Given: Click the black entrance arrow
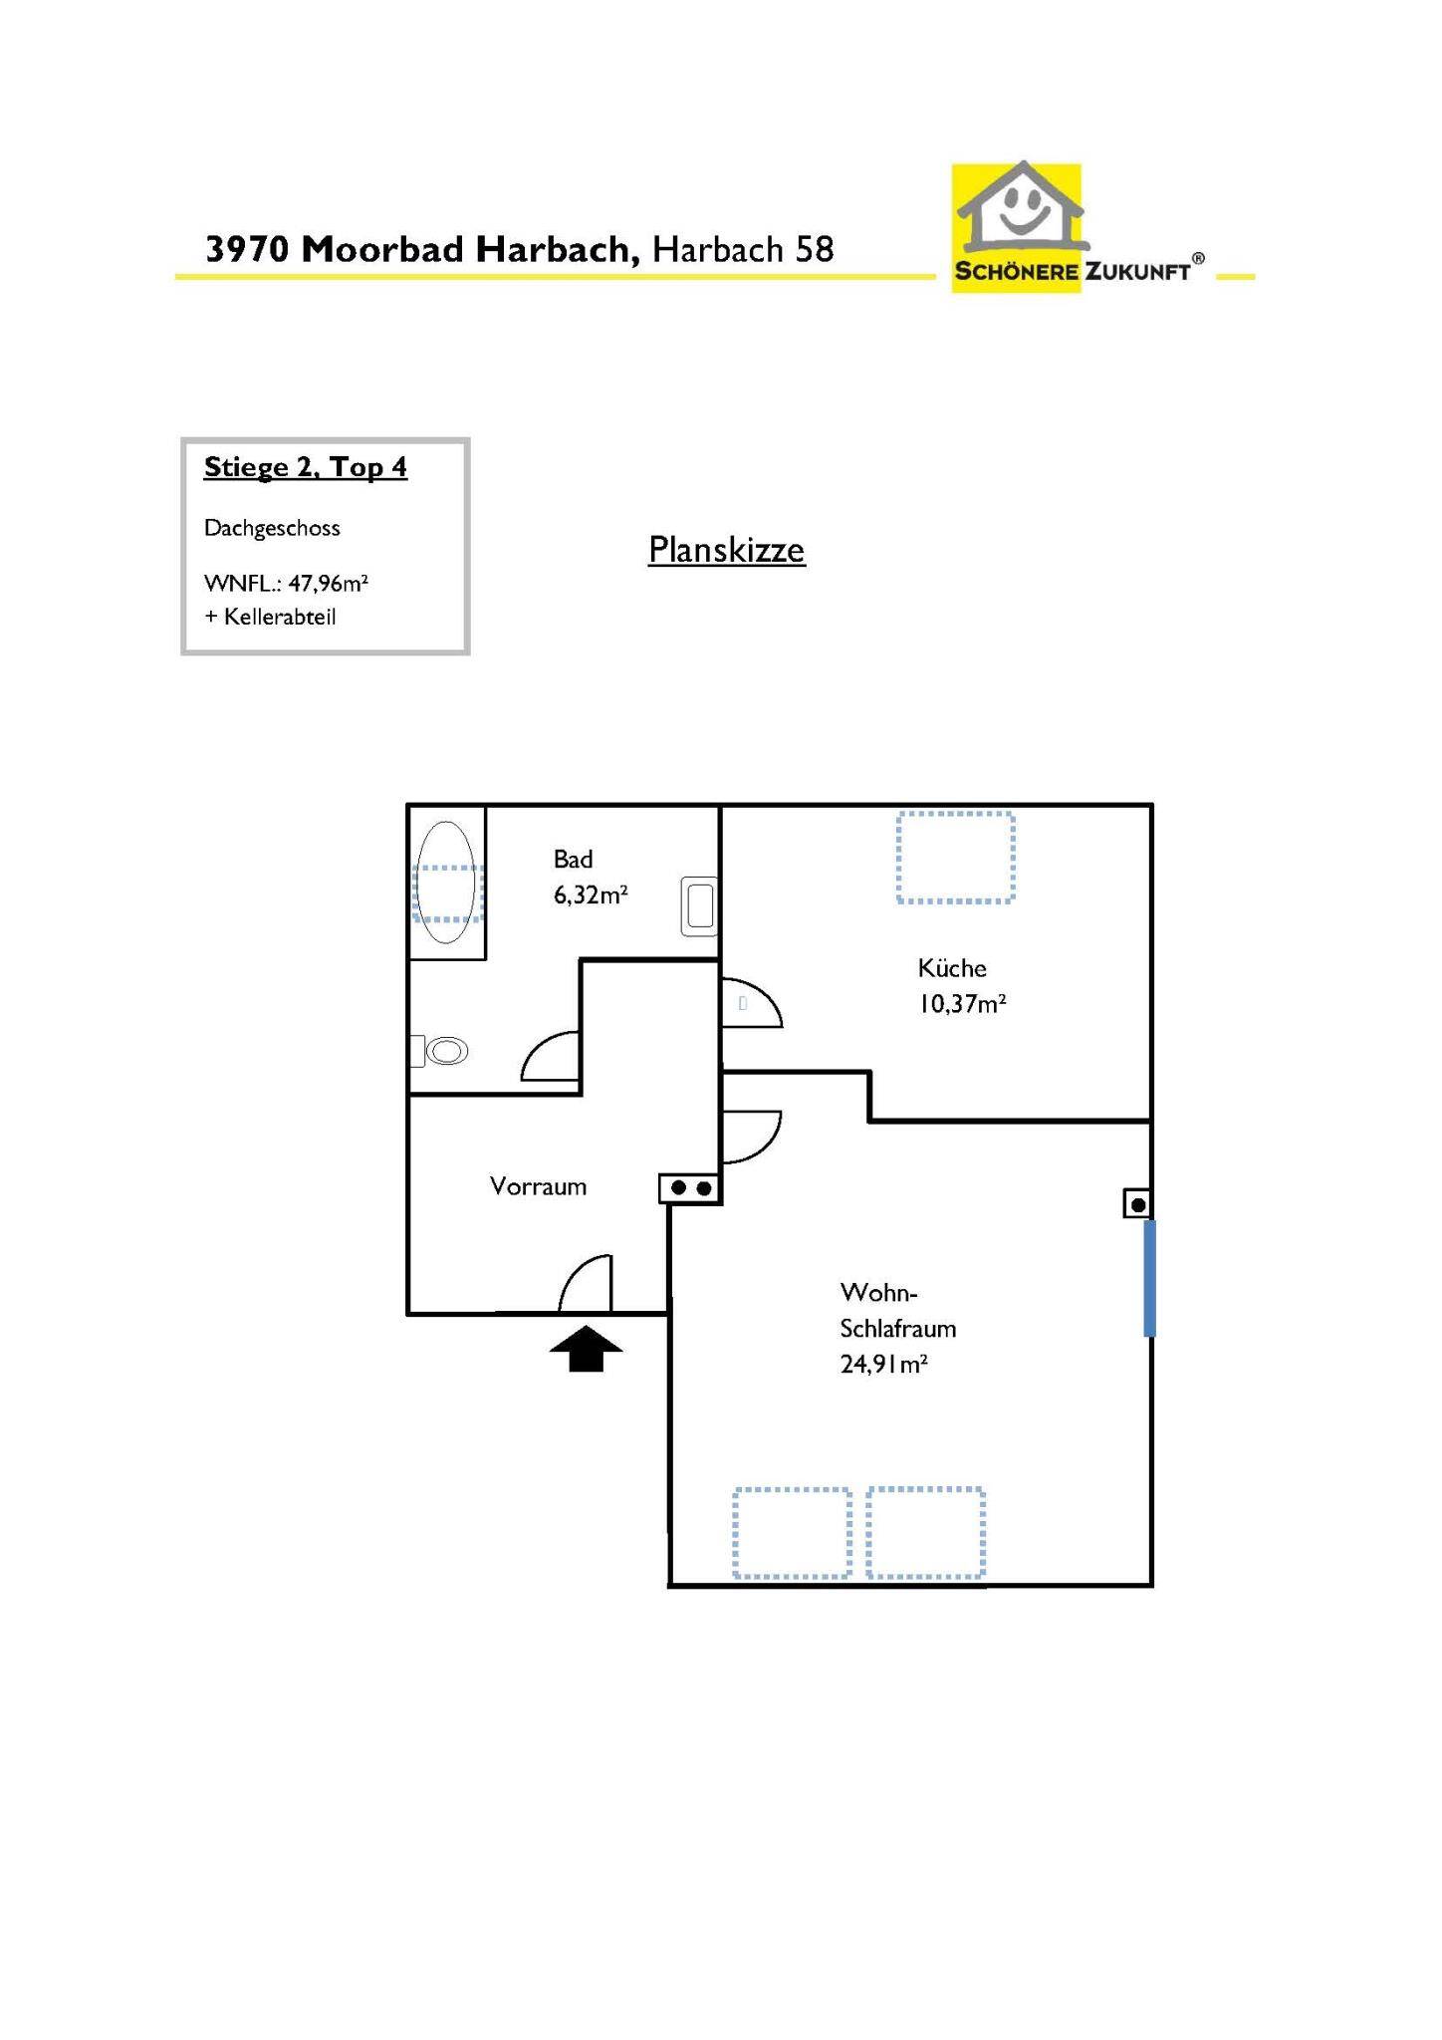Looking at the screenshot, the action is (x=586, y=1350).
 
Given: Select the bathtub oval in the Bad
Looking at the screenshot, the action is (x=445, y=883).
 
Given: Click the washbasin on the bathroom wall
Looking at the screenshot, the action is (x=699, y=906).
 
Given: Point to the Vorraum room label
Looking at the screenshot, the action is (x=538, y=1186).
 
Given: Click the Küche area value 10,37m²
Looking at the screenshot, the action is (x=961, y=1003).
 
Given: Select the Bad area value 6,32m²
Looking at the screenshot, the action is (x=590, y=894).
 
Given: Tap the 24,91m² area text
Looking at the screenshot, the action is (x=883, y=1364).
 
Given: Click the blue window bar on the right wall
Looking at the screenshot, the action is (x=1149, y=1278).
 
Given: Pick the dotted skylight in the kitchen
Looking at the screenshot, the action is (x=955, y=858).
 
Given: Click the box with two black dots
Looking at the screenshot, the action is (x=690, y=1188).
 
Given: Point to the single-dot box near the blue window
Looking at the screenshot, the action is (x=1137, y=1204).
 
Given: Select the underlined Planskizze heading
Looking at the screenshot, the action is (x=726, y=550).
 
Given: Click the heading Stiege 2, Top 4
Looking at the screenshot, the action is (x=305, y=467).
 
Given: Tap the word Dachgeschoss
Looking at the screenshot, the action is (x=272, y=528).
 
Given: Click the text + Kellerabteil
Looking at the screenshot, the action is (x=270, y=617).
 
